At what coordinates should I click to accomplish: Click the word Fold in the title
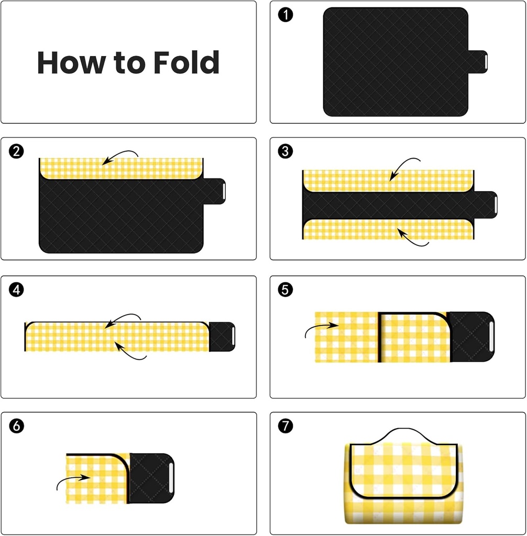click(x=186, y=63)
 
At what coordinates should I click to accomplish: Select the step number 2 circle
click(x=16, y=152)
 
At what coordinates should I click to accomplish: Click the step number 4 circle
click(x=16, y=289)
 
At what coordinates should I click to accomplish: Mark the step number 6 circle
click(x=16, y=426)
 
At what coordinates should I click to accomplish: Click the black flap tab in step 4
click(x=222, y=337)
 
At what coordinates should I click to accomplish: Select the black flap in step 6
click(x=151, y=477)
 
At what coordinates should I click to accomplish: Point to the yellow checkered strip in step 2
click(x=120, y=169)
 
